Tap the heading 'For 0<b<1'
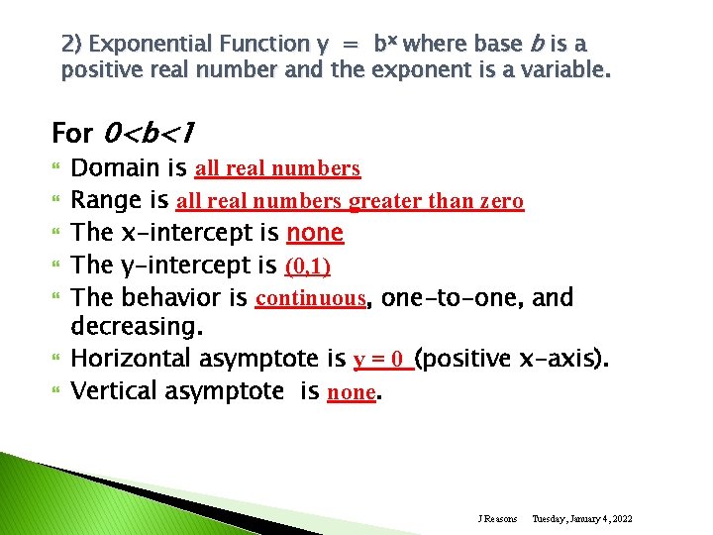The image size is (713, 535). coord(125,132)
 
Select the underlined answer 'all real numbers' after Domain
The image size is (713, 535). coord(277,168)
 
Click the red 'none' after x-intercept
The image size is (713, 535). coord(314,233)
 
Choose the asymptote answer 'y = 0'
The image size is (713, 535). coord(381,359)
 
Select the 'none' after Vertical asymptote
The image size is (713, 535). coord(351,391)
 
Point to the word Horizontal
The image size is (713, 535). coord(127,359)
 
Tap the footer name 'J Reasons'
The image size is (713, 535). coord(497,519)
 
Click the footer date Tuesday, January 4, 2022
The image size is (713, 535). coord(582,519)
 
